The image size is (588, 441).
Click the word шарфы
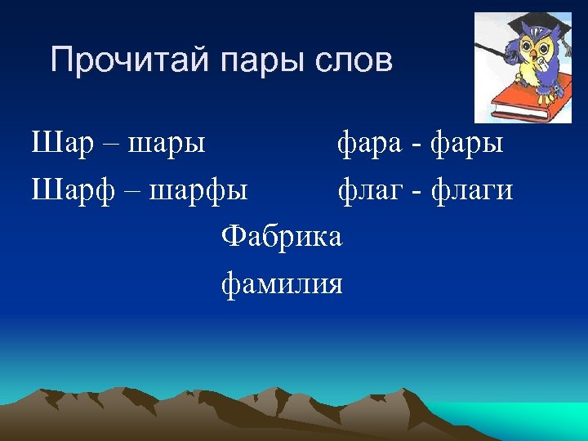200,192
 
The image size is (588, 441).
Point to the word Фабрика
283,237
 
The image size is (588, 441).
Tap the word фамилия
283,283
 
